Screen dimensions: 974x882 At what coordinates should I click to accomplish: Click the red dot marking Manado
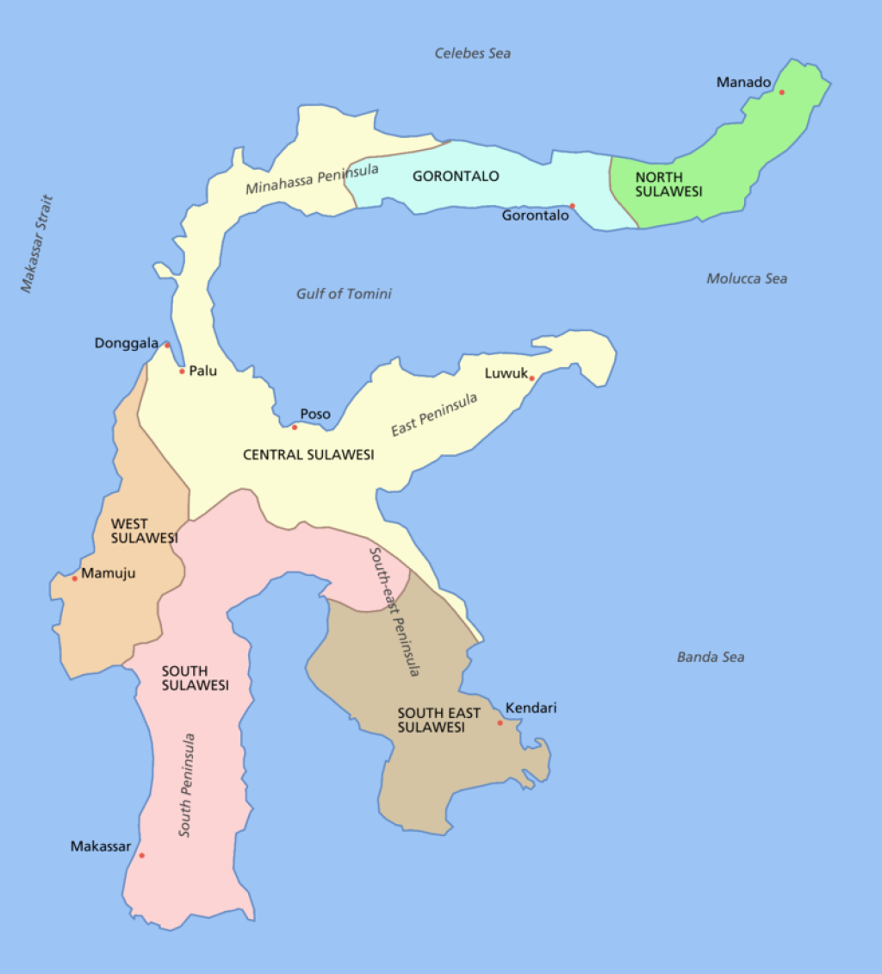click(781, 92)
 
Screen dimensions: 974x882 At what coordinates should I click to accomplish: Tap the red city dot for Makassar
click(141, 855)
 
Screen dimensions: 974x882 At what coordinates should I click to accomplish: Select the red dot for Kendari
click(500, 722)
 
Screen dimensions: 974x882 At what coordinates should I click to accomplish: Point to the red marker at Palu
click(182, 371)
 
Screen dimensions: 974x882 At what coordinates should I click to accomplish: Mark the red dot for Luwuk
click(531, 378)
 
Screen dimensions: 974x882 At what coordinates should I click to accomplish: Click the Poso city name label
click(315, 415)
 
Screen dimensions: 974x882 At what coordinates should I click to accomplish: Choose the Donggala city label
click(127, 343)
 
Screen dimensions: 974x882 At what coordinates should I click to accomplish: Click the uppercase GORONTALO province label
click(456, 177)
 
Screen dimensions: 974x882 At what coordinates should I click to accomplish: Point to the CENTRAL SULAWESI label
click(308, 454)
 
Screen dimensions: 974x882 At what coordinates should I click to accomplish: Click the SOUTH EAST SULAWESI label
click(439, 721)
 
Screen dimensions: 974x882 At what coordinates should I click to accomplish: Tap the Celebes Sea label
click(472, 53)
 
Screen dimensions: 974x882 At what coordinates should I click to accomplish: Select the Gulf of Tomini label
click(344, 294)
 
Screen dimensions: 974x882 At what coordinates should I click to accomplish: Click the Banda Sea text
click(710, 658)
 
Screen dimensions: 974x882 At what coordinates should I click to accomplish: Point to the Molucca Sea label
click(746, 278)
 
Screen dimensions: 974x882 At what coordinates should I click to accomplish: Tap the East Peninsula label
click(434, 415)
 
